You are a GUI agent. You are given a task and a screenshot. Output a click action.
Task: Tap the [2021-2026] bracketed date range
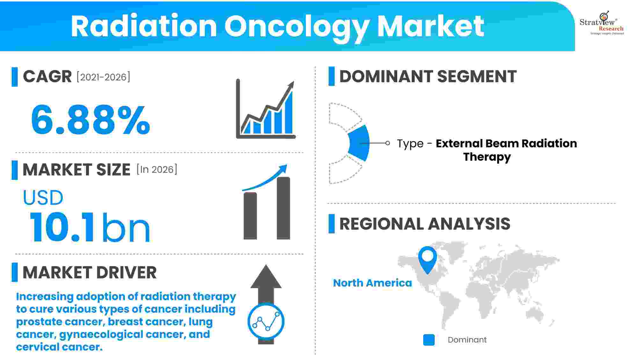click(x=103, y=77)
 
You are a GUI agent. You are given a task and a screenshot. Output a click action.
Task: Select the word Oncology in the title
click(x=296, y=27)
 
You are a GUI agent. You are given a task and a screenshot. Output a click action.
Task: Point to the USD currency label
click(x=43, y=198)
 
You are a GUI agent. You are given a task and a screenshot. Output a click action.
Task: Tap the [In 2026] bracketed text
click(x=157, y=169)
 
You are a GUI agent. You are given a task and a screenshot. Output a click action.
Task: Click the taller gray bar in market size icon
click(x=283, y=208)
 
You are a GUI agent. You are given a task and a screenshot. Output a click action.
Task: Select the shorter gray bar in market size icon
click(x=250, y=216)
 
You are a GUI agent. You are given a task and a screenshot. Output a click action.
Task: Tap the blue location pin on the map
click(x=427, y=258)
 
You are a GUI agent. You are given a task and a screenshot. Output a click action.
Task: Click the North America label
click(x=372, y=283)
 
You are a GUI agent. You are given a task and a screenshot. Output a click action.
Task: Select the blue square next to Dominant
click(x=429, y=340)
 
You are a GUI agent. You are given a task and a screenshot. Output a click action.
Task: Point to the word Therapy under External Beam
click(x=487, y=157)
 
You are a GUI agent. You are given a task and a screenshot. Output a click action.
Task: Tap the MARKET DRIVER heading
click(x=90, y=273)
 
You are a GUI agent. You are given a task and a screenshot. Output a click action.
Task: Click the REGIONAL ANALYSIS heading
click(x=424, y=224)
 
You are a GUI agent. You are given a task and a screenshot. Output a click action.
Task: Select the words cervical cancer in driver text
click(x=59, y=347)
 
